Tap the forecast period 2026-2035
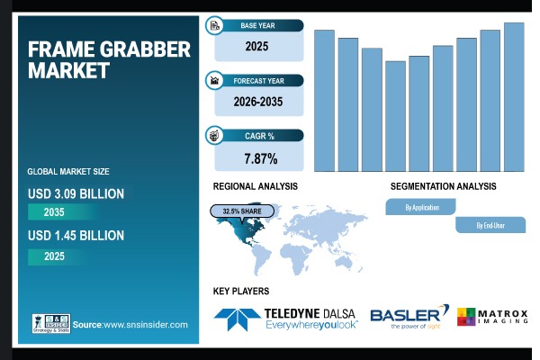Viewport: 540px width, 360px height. [257, 102]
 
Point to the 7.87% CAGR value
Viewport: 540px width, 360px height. [260, 158]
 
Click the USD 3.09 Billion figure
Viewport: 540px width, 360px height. [76, 193]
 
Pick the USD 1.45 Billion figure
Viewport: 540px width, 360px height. [76, 236]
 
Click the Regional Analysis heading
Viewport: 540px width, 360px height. [255, 186]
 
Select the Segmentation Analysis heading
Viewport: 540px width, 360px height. [443, 186]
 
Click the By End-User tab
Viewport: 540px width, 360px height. [490, 226]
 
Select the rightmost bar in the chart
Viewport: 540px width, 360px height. [514, 97]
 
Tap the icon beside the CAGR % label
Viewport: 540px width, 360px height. [215, 136]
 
